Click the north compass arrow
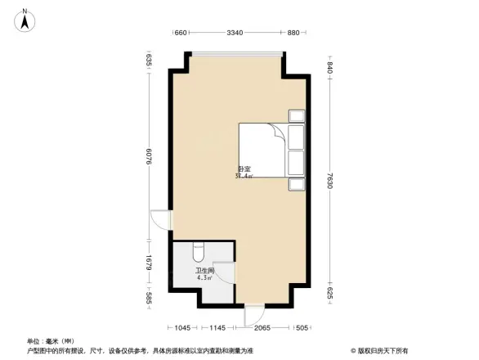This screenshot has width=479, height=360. tap(25, 20)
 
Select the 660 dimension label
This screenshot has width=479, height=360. tap(181, 34)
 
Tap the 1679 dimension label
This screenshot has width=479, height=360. tap(149, 263)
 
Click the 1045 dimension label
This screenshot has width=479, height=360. tap(183, 328)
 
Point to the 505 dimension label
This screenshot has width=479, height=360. tap(302, 328)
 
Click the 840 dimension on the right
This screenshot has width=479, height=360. tap(330, 69)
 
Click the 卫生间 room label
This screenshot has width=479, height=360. tap(204, 270)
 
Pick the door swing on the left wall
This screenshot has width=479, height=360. tap(162, 219)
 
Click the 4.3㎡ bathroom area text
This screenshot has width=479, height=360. tap(204, 278)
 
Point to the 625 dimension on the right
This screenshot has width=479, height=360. tap(330, 292)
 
